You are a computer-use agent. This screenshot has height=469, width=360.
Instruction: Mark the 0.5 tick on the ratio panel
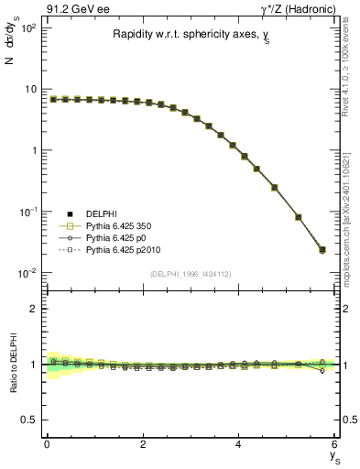click(28, 420)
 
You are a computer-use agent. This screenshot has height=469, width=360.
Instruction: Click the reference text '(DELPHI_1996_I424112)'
click(191, 274)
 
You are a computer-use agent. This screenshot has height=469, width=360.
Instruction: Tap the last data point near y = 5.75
click(322, 249)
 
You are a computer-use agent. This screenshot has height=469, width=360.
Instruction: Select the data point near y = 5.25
click(298, 217)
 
